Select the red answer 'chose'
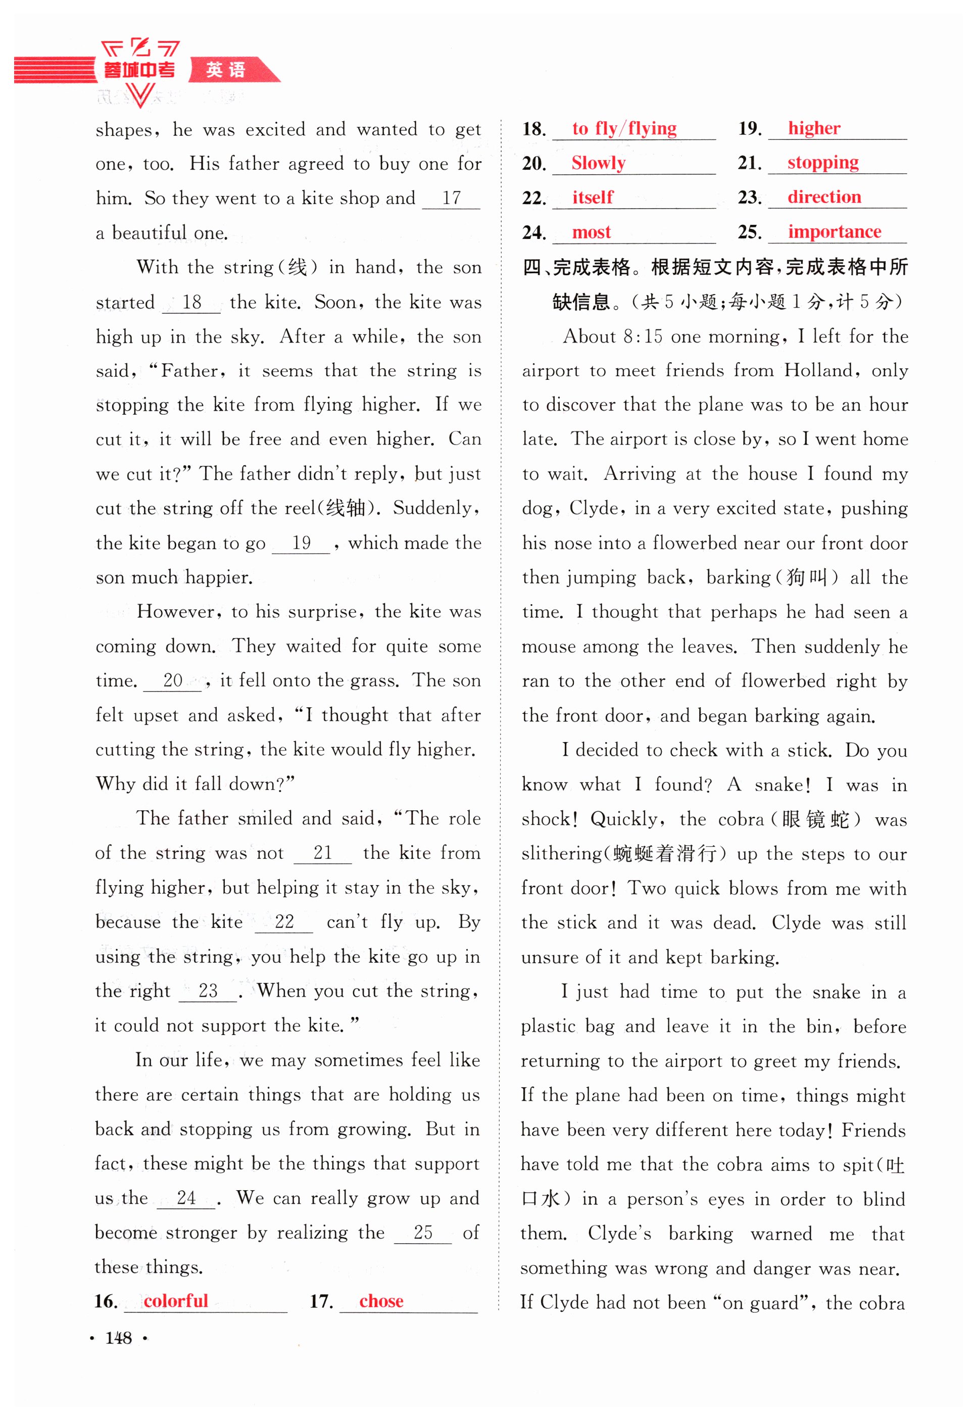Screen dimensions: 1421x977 (381, 1301)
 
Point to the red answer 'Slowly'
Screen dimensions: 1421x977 (598, 163)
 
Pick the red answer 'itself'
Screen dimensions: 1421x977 (592, 197)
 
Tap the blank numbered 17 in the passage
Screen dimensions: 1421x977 (451, 199)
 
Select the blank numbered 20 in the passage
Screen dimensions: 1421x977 (173, 680)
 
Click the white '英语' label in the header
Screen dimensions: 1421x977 (225, 70)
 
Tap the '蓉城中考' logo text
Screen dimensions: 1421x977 (139, 70)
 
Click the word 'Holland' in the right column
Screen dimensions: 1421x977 (818, 370)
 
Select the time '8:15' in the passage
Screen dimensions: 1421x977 (642, 336)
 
